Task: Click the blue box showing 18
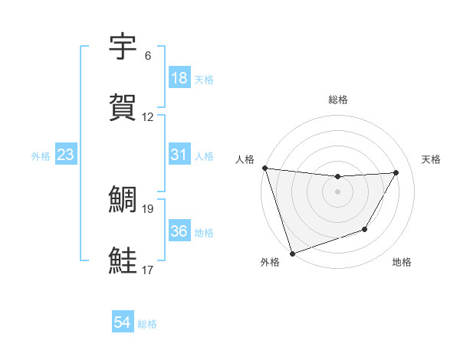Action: pos(179,78)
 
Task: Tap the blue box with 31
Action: pos(179,155)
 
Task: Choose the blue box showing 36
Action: pos(179,231)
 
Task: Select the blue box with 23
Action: pos(66,155)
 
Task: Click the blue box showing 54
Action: pos(123,322)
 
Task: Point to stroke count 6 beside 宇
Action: pos(147,56)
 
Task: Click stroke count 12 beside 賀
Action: pos(148,117)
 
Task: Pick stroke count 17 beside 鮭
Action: pos(148,270)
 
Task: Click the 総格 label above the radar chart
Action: pos(337,100)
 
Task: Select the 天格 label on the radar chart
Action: pos(431,159)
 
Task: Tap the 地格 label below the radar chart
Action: pos(402,263)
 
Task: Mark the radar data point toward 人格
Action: pos(264,168)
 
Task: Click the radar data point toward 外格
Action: pos(292,253)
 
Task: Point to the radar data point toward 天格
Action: pos(396,172)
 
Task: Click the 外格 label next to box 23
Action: pos(41,155)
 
